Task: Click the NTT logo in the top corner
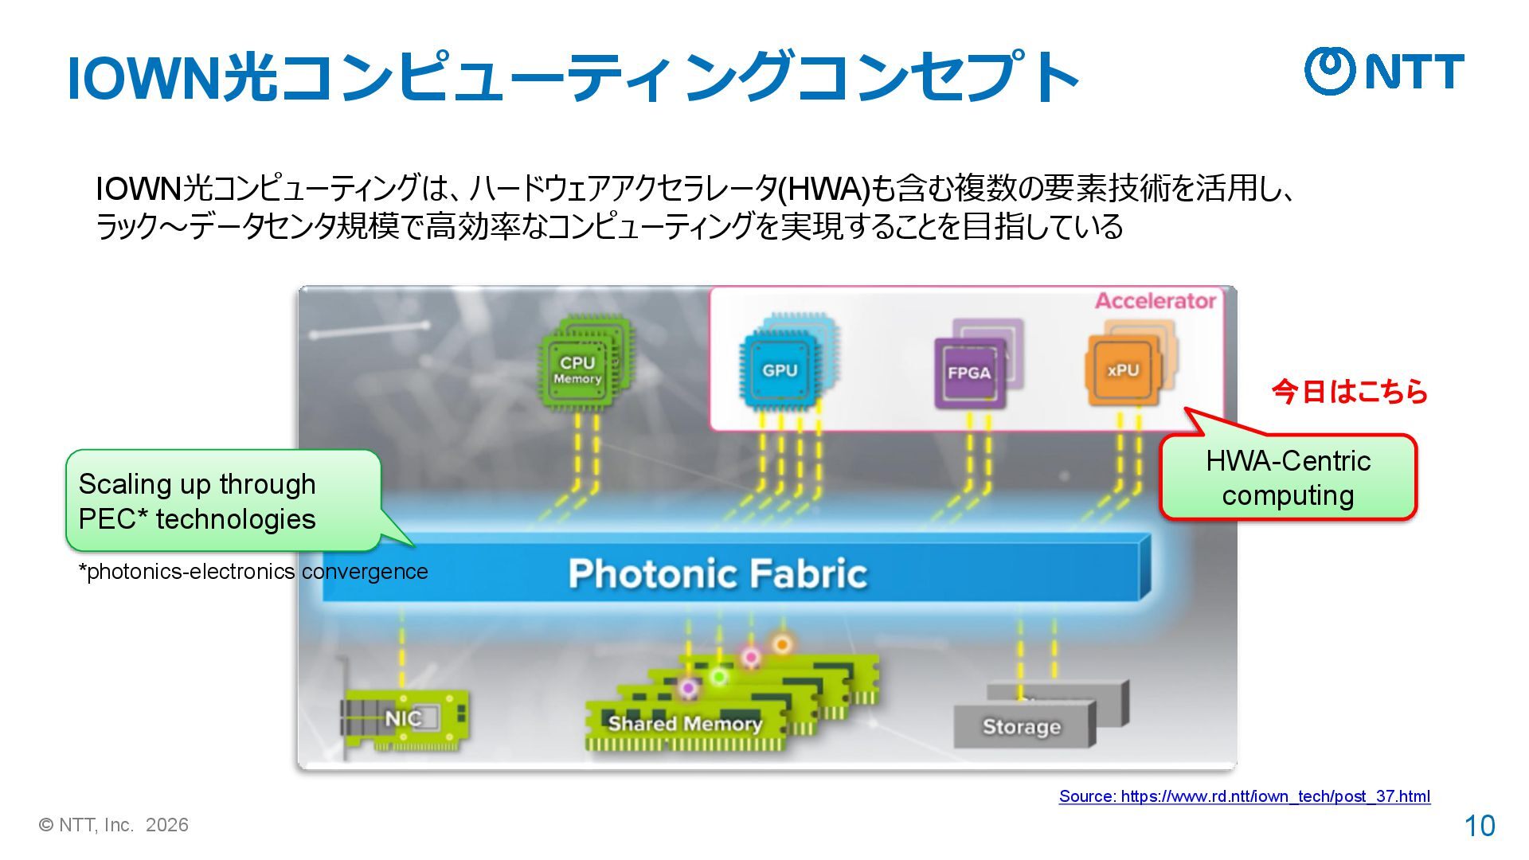[1383, 72]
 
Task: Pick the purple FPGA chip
[968, 373]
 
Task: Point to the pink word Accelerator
[1155, 301]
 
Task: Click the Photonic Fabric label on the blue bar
[718, 573]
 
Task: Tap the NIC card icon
[403, 718]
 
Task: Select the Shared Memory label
[685, 724]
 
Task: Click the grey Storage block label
[1021, 727]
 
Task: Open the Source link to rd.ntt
[1244, 796]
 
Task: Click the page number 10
[1480, 826]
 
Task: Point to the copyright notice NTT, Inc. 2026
[114, 825]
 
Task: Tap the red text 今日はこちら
[1349, 392]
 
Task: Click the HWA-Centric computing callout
[1288, 478]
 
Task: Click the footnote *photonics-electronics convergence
[253, 572]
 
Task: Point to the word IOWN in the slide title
[143, 78]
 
